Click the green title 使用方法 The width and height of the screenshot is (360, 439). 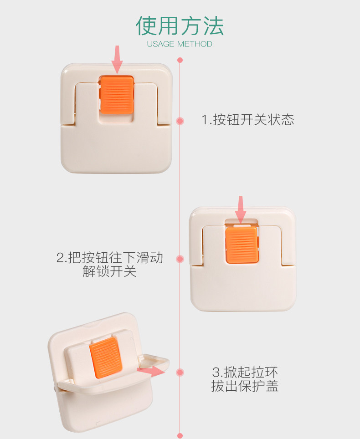(x=180, y=26)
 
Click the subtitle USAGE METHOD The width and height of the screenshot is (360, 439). (x=180, y=44)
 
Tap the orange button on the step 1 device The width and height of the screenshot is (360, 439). (x=117, y=95)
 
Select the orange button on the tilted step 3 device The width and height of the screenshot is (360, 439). (x=106, y=357)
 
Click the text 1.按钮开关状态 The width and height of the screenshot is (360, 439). (x=248, y=120)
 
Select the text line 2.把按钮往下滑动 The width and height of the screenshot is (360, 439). (x=109, y=258)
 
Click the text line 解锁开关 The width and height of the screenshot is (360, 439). (x=109, y=271)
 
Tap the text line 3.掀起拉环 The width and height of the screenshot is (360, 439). (x=245, y=373)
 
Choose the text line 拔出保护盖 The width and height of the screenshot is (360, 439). (x=245, y=386)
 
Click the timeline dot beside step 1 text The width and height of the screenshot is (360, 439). (x=180, y=121)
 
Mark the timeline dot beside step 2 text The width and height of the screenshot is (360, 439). (x=180, y=259)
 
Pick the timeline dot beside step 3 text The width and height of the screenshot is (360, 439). (x=180, y=373)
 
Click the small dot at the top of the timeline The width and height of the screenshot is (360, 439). (x=180, y=60)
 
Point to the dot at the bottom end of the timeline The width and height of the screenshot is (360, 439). (x=180, y=436)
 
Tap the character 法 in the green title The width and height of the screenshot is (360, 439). (x=213, y=26)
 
